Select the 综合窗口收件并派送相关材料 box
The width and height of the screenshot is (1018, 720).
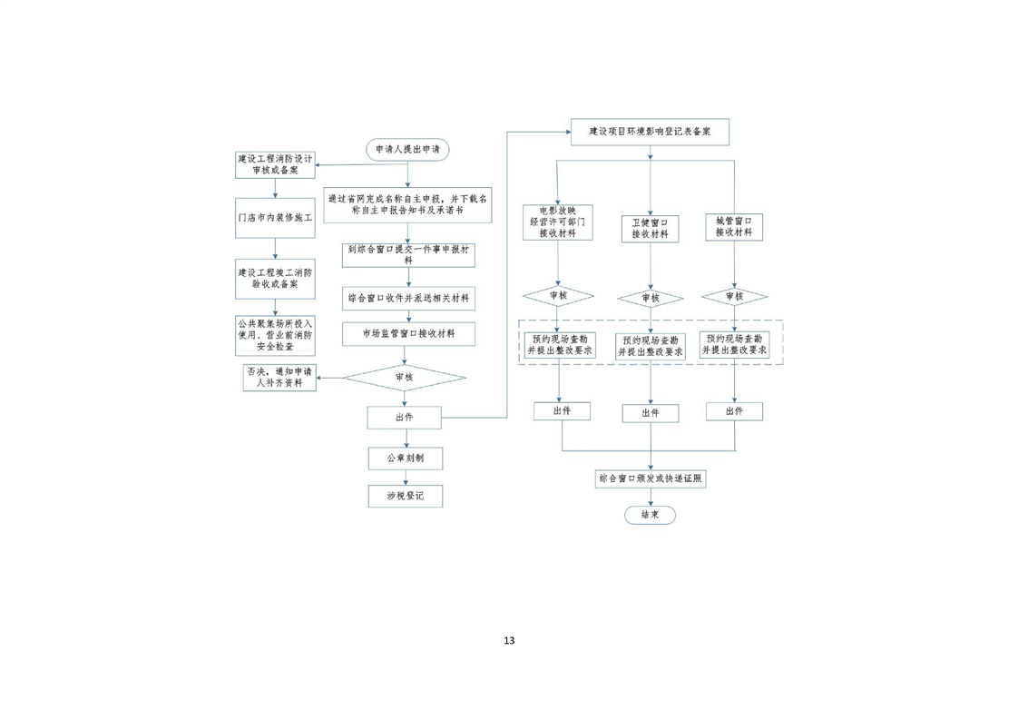(x=407, y=298)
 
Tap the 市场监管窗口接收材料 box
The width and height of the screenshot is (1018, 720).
(x=407, y=334)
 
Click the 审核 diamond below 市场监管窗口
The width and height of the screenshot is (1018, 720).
(x=405, y=377)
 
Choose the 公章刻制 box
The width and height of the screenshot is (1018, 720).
(x=405, y=459)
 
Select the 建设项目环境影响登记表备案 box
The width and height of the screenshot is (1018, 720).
(x=650, y=132)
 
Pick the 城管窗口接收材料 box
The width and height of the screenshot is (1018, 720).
(x=734, y=226)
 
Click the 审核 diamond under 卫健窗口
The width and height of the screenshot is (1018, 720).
(x=650, y=298)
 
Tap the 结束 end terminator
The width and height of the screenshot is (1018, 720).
(x=650, y=514)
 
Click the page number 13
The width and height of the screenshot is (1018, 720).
(x=509, y=640)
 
